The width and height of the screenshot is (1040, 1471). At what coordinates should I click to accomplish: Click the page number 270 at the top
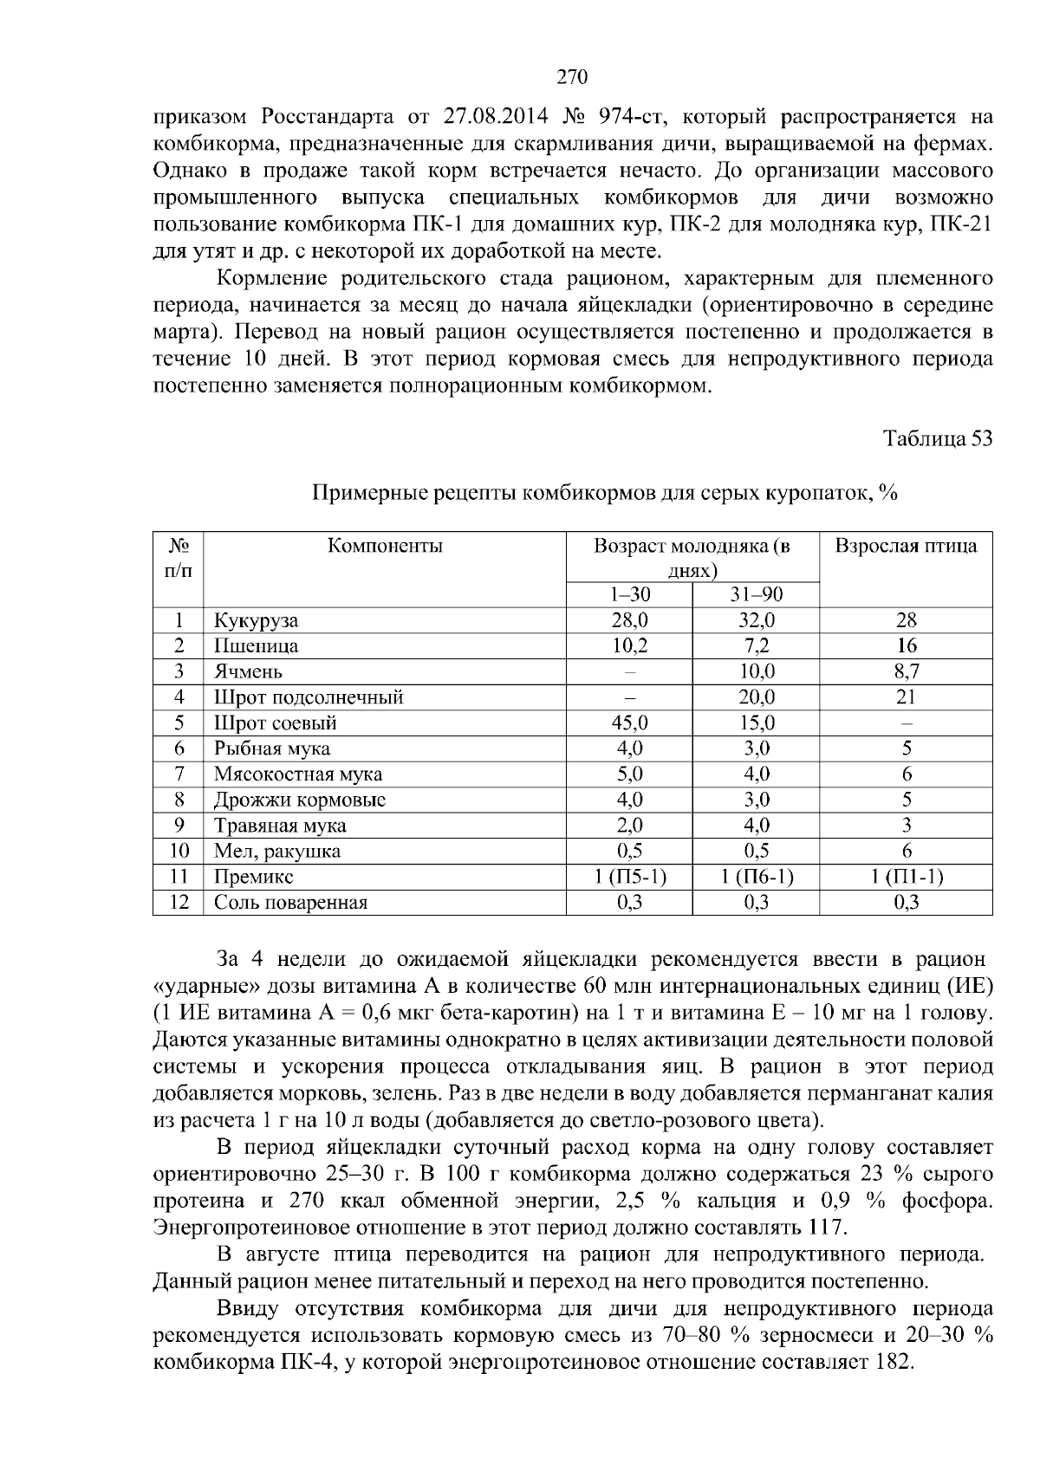[572, 77]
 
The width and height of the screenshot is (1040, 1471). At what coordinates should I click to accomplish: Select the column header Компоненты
[385, 546]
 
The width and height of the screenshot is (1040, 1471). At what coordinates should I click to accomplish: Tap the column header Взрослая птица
[906, 546]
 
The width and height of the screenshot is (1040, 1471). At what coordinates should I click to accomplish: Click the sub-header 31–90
[757, 594]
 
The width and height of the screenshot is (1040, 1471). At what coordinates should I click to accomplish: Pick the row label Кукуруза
[257, 620]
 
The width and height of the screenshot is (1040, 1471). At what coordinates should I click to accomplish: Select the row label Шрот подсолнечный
[309, 697]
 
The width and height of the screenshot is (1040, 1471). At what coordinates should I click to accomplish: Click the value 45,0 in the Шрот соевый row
[629, 723]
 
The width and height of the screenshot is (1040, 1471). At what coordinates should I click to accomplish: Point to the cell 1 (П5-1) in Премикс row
[630, 877]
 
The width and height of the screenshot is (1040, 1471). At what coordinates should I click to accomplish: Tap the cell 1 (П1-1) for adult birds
[906, 877]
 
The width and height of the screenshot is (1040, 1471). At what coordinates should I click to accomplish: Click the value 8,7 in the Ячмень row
[906, 671]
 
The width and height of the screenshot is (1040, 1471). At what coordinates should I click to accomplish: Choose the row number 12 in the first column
[179, 903]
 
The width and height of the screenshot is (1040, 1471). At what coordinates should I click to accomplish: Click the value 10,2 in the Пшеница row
[629, 646]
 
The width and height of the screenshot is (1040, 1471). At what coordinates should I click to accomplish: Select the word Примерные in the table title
[363, 494]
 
